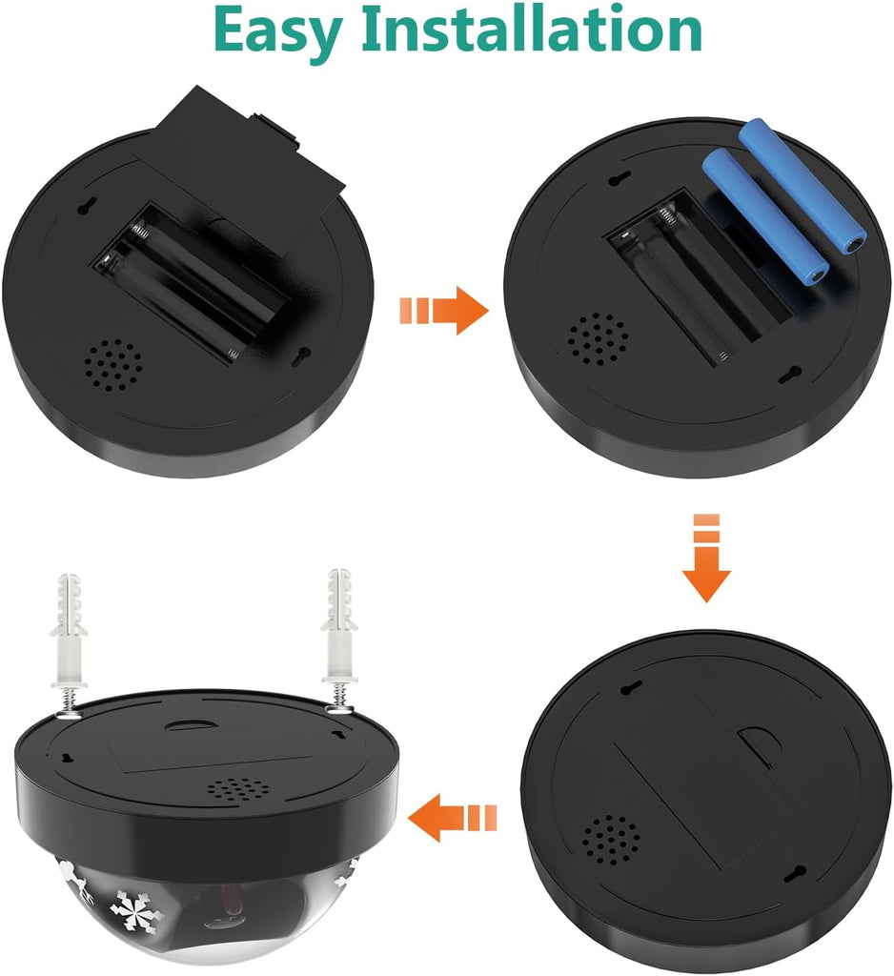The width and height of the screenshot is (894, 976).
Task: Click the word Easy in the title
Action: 277,31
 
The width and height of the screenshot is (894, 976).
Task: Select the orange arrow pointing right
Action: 444,310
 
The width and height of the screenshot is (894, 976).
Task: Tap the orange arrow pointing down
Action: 706,557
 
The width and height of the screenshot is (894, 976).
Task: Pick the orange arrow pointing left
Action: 453,817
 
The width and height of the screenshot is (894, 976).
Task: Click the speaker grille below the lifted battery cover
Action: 112,365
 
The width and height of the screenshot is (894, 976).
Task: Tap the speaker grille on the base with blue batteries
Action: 597,338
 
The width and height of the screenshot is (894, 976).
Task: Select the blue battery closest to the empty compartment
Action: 765,216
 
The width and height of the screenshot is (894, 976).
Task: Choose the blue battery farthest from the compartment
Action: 803,185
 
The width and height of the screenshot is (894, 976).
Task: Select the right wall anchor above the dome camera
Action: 339,638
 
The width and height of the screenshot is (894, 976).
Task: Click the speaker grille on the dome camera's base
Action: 238,788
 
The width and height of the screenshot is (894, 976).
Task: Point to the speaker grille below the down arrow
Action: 611,843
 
